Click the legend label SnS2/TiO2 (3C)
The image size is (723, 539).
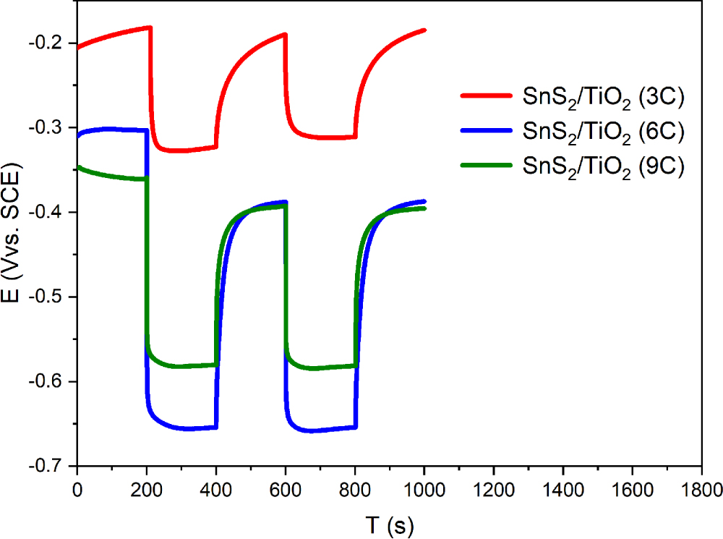(x=603, y=98)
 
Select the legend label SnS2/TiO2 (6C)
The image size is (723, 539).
(x=603, y=132)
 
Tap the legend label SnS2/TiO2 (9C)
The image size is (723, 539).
(x=603, y=166)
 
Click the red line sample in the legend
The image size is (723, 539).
(x=486, y=96)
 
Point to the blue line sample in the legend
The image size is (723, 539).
(x=486, y=130)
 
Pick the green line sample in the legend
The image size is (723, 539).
(x=486, y=165)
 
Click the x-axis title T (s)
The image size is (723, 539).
(x=390, y=526)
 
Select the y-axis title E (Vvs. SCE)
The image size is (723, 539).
(x=11, y=232)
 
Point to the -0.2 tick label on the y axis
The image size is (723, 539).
(x=46, y=43)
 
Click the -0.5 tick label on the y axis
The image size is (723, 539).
(x=46, y=297)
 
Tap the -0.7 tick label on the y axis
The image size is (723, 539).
(x=46, y=466)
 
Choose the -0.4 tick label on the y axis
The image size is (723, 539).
(x=46, y=212)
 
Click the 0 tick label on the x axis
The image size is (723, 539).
(x=77, y=490)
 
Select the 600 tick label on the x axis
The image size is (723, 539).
(x=286, y=490)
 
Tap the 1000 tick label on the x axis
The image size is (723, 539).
(x=424, y=490)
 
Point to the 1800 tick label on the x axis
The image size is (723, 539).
(x=701, y=490)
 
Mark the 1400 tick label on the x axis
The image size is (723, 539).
(x=563, y=490)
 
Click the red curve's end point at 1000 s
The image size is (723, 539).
(x=424, y=30)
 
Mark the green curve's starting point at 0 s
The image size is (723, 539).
(x=78, y=167)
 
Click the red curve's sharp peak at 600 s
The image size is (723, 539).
(x=286, y=34)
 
